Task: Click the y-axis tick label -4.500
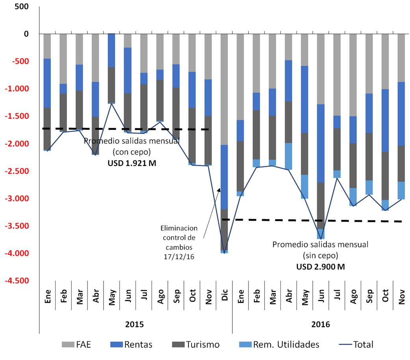coord(17,281)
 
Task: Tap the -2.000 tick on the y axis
coord(17,144)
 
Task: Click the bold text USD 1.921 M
coord(132,162)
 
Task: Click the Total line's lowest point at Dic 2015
coord(224,253)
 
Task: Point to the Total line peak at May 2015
coord(112,103)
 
